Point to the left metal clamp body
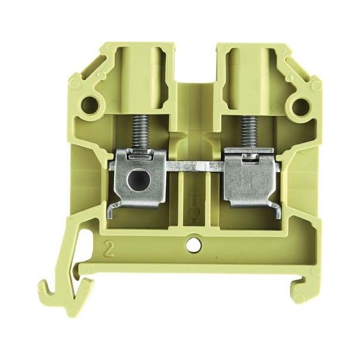click(x=139, y=178)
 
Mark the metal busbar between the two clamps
click(x=194, y=166)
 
